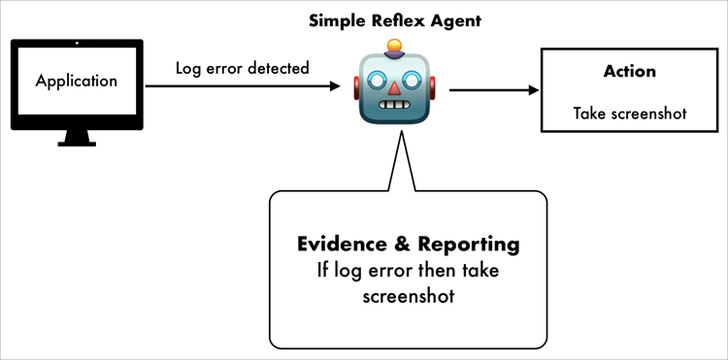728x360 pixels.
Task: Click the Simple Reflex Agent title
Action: click(394, 19)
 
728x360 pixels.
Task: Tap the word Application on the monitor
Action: click(76, 82)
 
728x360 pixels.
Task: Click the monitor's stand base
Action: click(76, 142)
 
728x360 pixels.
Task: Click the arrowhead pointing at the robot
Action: click(335, 87)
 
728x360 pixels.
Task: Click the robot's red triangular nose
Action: click(395, 87)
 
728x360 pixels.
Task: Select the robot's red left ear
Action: click(356, 88)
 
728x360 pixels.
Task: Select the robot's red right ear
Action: click(434, 88)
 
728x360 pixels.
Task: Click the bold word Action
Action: click(629, 71)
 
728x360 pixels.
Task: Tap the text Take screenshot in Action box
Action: click(629, 113)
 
